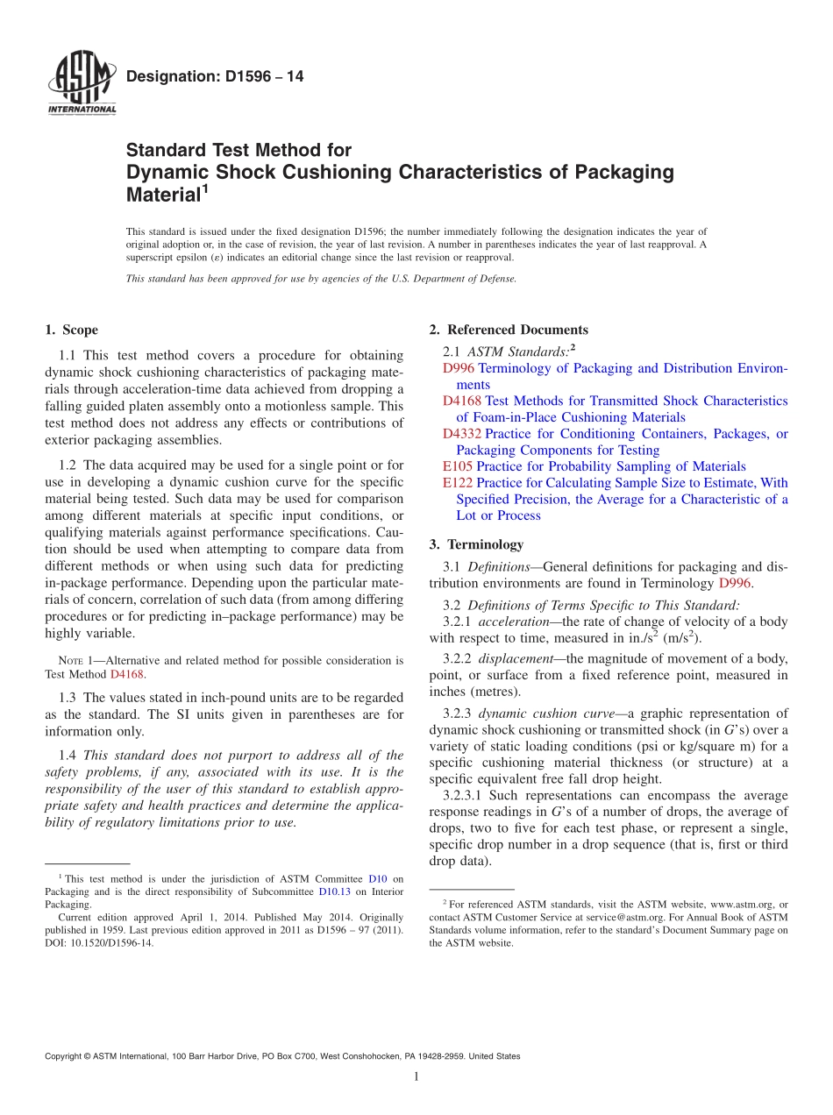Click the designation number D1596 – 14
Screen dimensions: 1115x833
click(x=215, y=77)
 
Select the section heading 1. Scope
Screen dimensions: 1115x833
click(x=71, y=330)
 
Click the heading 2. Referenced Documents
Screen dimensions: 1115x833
click(x=509, y=330)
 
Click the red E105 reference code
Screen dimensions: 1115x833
click(x=458, y=466)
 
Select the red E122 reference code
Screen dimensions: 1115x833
click(x=458, y=483)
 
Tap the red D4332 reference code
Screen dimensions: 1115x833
click(x=462, y=434)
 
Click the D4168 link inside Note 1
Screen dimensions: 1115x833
click(x=126, y=675)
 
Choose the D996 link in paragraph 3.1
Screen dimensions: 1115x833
click(x=735, y=583)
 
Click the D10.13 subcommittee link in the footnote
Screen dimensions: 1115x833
click(x=335, y=891)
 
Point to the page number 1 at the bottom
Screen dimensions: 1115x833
click(x=416, y=1076)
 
